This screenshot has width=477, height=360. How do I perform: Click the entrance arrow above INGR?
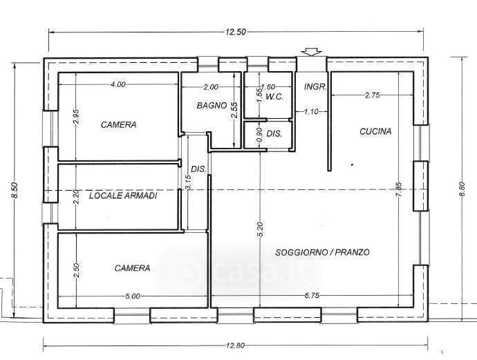pyautogui.click(x=310, y=52)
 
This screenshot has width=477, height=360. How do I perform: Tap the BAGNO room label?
pyautogui.click(x=212, y=106)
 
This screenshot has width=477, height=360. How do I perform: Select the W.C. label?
pyautogui.click(x=274, y=97)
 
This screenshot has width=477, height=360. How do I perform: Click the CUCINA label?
pyautogui.click(x=375, y=132)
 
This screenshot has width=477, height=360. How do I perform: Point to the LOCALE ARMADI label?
pyautogui.click(x=123, y=196)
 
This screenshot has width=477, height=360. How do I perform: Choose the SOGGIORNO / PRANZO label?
pyautogui.click(x=322, y=252)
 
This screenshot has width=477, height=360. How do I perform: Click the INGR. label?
pyautogui.click(x=315, y=86)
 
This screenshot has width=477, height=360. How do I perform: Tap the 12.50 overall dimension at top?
pyautogui.click(x=236, y=32)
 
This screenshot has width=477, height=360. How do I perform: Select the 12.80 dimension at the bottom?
pyautogui.click(x=235, y=345)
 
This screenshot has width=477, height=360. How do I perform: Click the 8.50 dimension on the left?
pyautogui.click(x=15, y=190)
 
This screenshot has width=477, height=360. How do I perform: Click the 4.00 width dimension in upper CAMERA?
pyautogui.click(x=118, y=84)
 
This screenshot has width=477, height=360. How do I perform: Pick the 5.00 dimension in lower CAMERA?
pyautogui.click(x=133, y=296)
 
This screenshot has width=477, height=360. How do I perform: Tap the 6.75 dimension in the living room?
pyautogui.click(x=311, y=296)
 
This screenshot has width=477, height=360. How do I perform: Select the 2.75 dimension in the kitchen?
pyautogui.click(x=372, y=95)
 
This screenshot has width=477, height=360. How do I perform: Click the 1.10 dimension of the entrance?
pyautogui.click(x=311, y=112)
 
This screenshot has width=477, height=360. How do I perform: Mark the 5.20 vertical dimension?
pyautogui.click(x=261, y=229)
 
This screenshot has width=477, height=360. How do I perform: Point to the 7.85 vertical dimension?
pyautogui.click(x=399, y=189)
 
